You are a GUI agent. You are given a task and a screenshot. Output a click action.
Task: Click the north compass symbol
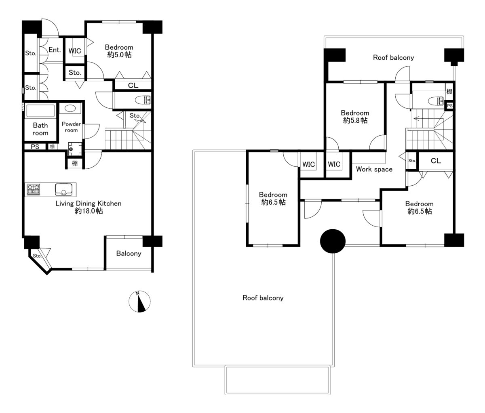(139, 302)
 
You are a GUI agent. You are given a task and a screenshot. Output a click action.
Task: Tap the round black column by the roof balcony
(333, 241)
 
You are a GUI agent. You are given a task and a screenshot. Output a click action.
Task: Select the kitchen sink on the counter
(63, 190)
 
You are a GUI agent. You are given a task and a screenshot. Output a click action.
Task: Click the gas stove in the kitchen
(34, 190)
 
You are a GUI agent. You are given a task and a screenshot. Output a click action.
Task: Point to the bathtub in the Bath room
(40, 111)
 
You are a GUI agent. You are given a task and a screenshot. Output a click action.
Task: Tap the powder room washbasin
(70, 108)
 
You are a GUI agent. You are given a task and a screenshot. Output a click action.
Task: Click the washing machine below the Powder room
(75, 149)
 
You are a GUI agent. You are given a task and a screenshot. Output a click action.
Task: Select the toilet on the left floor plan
(143, 100)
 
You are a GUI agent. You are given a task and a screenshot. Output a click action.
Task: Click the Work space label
(374, 169)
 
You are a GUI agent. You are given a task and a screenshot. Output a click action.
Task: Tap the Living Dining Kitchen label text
(89, 203)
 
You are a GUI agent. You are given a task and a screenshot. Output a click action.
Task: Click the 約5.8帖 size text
(355, 120)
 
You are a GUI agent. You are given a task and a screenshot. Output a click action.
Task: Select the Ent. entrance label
(55, 50)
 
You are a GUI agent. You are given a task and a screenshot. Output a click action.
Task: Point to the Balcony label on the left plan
(129, 254)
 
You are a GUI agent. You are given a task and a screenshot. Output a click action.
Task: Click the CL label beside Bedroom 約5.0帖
(133, 85)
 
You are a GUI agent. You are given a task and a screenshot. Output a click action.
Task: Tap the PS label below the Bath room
(35, 147)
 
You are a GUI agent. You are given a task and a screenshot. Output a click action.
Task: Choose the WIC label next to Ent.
(75, 51)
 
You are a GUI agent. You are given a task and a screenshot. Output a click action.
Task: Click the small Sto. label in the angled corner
(37, 256)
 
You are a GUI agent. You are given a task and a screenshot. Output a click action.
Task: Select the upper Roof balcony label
(394, 57)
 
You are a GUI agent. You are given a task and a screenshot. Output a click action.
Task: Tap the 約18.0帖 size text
(89, 211)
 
